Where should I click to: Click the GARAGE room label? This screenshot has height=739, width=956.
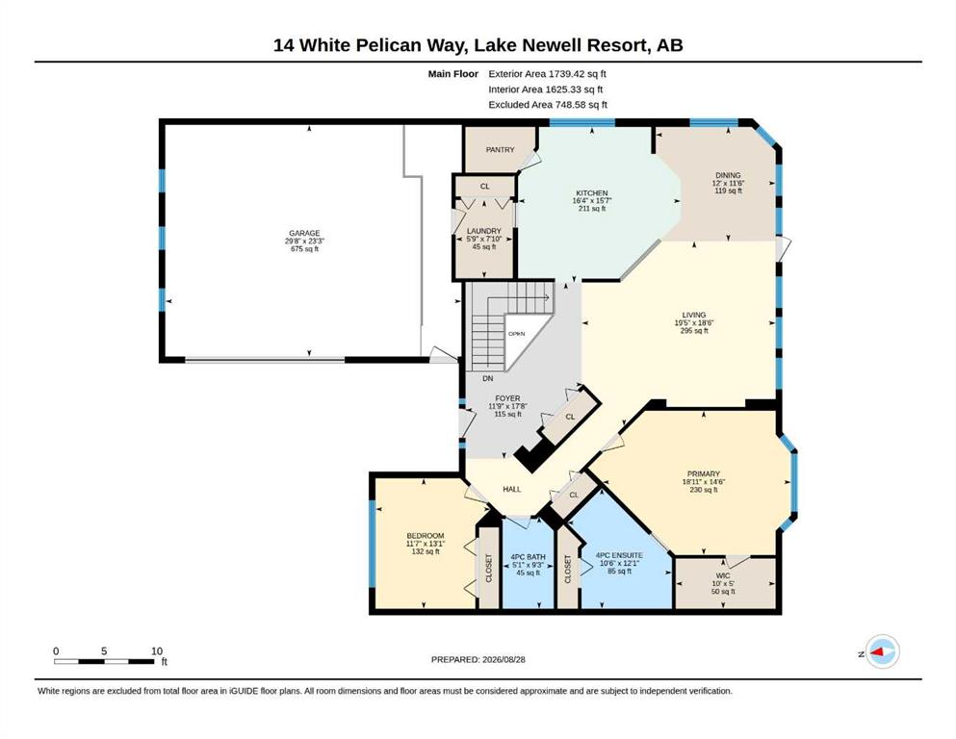pyautogui.click(x=304, y=233)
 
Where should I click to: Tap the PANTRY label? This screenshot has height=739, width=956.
pyautogui.click(x=500, y=149)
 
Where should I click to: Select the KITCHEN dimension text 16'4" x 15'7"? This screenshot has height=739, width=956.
pyautogui.click(x=592, y=200)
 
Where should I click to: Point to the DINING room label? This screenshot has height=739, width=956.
pyautogui.click(x=728, y=175)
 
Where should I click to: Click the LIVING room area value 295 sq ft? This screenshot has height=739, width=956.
pyautogui.click(x=694, y=331)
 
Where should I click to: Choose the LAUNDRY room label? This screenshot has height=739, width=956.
pyautogui.click(x=484, y=231)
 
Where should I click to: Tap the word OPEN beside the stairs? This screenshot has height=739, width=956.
pyautogui.click(x=516, y=334)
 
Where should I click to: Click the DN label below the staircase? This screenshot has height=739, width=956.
pyautogui.click(x=488, y=378)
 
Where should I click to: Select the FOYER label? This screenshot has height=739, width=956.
pyautogui.click(x=508, y=398)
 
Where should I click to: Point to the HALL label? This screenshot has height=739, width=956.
pyautogui.click(x=512, y=489)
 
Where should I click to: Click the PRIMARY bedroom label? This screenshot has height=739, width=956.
pyautogui.click(x=704, y=473)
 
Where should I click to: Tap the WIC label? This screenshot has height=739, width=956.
pyautogui.click(x=723, y=575)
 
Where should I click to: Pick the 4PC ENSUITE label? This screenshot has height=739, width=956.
pyautogui.click(x=619, y=555)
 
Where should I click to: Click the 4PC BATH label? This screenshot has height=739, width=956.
pyautogui.click(x=528, y=557)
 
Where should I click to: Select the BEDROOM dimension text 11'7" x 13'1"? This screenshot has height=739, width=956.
pyautogui.click(x=426, y=544)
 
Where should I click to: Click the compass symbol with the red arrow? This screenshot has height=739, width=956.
pyautogui.click(x=882, y=651)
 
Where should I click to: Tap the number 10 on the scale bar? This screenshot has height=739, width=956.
pyautogui.click(x=157, y=651)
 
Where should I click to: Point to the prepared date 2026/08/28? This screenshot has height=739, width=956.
pyautogui.click(x=504, y=659)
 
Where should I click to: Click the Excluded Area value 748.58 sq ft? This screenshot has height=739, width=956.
pyautogui.click(x=581, y=105)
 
